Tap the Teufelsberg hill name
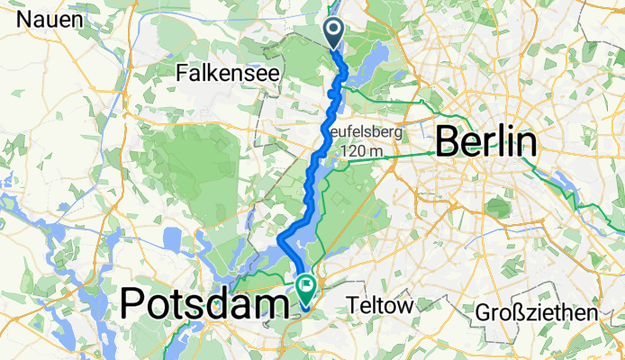[x=364, y=132]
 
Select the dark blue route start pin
[x=333, y=33]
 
